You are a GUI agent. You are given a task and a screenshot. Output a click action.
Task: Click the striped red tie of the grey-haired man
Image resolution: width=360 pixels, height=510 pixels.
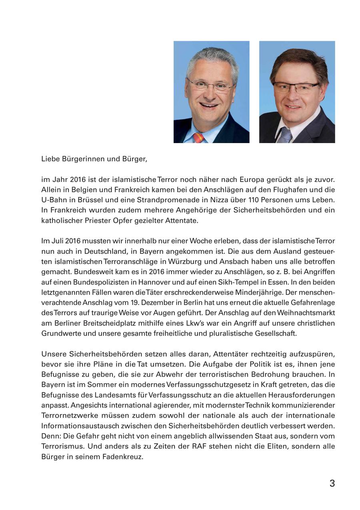199,138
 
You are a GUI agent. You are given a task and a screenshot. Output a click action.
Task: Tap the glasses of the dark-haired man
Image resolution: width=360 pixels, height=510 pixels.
296,87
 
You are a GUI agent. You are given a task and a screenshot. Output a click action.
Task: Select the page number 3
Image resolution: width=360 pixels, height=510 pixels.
332,483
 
